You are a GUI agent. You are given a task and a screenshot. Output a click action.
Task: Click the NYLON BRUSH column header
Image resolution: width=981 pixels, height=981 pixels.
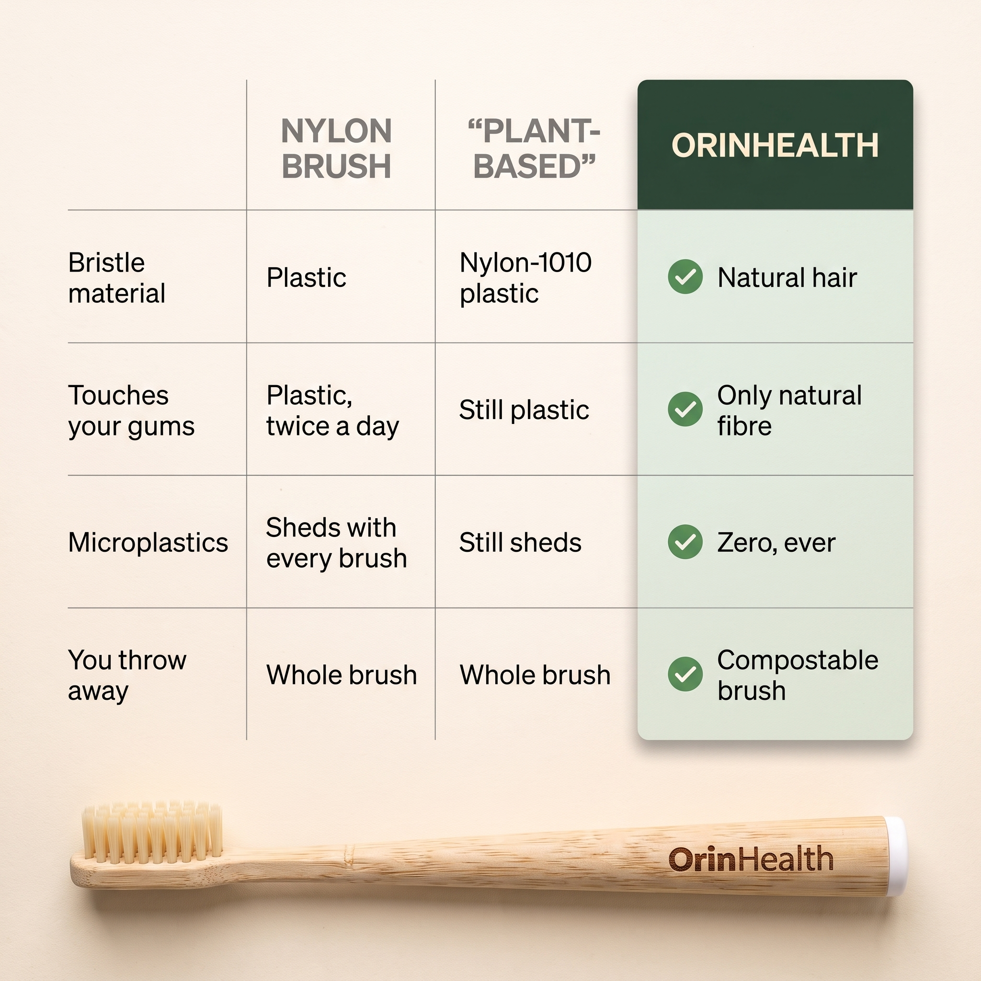coord(336,148)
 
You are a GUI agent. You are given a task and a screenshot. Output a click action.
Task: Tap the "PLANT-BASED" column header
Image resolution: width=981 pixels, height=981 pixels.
coord(534,148)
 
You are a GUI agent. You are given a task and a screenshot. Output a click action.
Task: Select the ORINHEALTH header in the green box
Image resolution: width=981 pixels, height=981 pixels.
coord(775,146)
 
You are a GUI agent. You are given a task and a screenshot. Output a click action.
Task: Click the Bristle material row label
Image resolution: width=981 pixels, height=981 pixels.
coord(117,278)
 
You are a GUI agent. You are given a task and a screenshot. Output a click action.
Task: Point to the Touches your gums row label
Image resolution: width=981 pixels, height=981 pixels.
coord(131,411)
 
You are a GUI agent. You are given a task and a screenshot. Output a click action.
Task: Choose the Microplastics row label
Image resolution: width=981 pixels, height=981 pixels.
coord(148,543)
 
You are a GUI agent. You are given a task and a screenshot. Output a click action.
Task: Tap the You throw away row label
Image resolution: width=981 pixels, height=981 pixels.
coord(127,675)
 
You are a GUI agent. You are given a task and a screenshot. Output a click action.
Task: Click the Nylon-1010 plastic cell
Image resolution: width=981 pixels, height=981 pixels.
coord(525,278)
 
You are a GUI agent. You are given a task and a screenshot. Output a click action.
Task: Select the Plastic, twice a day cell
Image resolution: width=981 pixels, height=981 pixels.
coord(332,411)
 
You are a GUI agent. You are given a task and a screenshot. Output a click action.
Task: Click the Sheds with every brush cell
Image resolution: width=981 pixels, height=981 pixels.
coord(337,543)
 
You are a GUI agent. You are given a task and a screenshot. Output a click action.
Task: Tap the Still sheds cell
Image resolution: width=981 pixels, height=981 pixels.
coord(520,542)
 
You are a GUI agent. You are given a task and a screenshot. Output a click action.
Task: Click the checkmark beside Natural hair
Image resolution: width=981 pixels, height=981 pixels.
coord(685,277)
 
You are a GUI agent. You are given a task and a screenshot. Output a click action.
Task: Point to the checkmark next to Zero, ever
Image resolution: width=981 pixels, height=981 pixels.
coord(685,542)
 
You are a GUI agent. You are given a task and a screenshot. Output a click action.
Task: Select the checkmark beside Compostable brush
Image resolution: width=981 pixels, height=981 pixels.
coord(685,674)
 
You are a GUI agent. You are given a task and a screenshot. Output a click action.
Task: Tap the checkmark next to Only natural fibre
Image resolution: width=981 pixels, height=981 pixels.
coord(685,409)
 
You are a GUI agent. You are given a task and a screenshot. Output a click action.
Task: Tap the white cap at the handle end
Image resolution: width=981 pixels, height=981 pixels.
coord(897,856)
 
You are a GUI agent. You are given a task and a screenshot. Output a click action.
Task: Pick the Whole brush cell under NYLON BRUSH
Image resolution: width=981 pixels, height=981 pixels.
coord(342,675)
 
